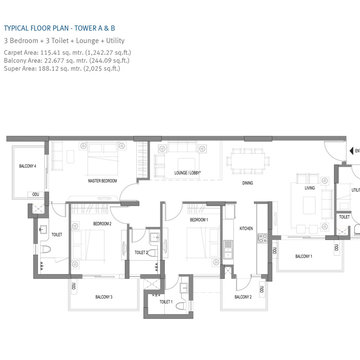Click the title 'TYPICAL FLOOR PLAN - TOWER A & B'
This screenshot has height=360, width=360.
pyautogui.click(x=60, y=28)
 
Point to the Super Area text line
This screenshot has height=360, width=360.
pyautogui.click(x=61, y=69)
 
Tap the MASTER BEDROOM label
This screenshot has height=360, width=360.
pyautogui.click(x=102, y=181)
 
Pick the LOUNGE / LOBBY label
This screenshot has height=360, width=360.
pyautogui.click(x=187, y=172)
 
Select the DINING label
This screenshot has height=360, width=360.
pyautogui.click(x=247, y=183)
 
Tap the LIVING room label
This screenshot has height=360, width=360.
pyautogui.click(x=310, y=188)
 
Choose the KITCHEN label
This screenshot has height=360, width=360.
pyautogui.click(x=246, y=228)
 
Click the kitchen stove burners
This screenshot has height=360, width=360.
pyautogui.click(x=263, y=238)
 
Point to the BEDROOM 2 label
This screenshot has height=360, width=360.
pyautogui.click(x=102, y=224)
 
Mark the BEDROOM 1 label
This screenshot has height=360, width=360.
pyautogui.click(x=199, y=220)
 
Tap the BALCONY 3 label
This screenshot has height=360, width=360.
pyautogui.click(x=104, y=297)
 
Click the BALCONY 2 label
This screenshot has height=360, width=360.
pyautogui.click(x=243, y=297)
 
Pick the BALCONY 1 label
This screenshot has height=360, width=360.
pyautogui.click(x=303, y=256)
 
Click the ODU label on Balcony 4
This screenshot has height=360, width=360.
pyautogui.click(x=36, y=194)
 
